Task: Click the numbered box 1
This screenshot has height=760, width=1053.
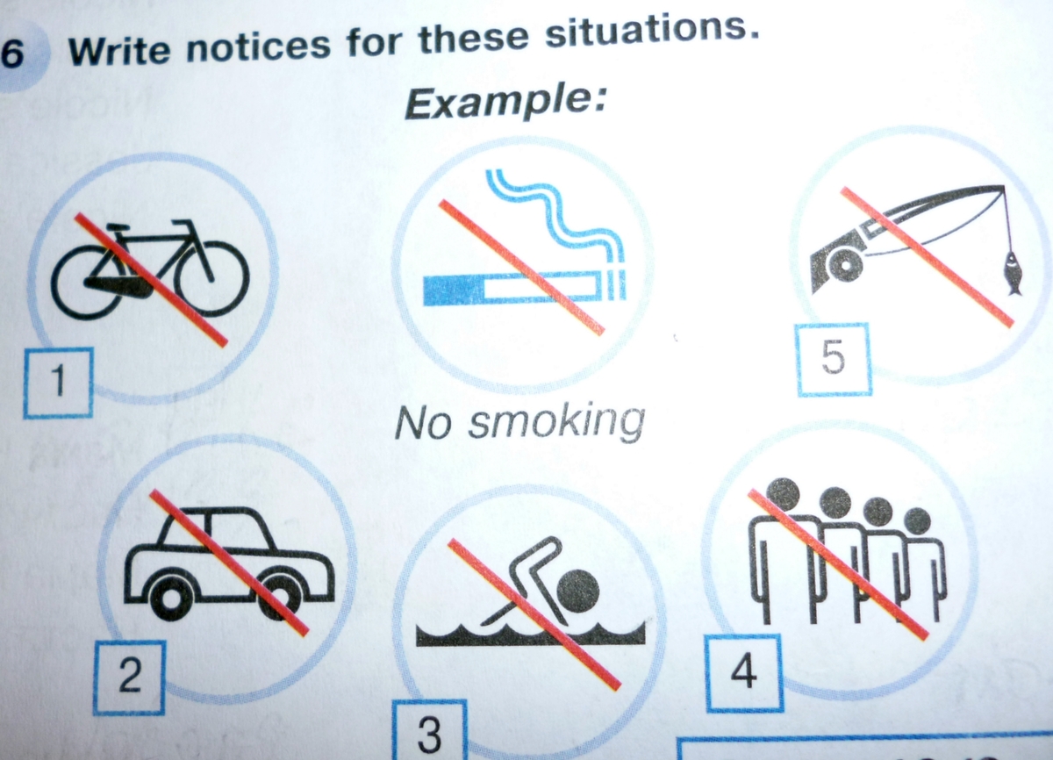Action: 58,383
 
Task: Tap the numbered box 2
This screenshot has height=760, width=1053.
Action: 129,678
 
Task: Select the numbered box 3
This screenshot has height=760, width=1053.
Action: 429,731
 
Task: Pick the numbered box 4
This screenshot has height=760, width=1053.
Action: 744,673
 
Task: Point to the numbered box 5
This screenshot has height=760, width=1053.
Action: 834,360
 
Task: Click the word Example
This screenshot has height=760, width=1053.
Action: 505,103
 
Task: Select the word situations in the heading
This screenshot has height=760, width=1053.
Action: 652,32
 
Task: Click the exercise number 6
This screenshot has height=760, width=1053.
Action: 12,53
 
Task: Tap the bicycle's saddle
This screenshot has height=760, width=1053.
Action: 117,228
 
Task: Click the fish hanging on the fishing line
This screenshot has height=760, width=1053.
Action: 1013,274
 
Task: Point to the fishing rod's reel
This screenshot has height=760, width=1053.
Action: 845,265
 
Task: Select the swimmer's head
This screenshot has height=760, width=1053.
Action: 577,592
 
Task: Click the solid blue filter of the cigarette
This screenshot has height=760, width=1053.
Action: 453,290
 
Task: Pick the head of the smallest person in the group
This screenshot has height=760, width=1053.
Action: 917,521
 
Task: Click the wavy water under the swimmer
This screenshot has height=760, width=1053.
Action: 531,635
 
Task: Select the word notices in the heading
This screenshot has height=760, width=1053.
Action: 259,47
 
